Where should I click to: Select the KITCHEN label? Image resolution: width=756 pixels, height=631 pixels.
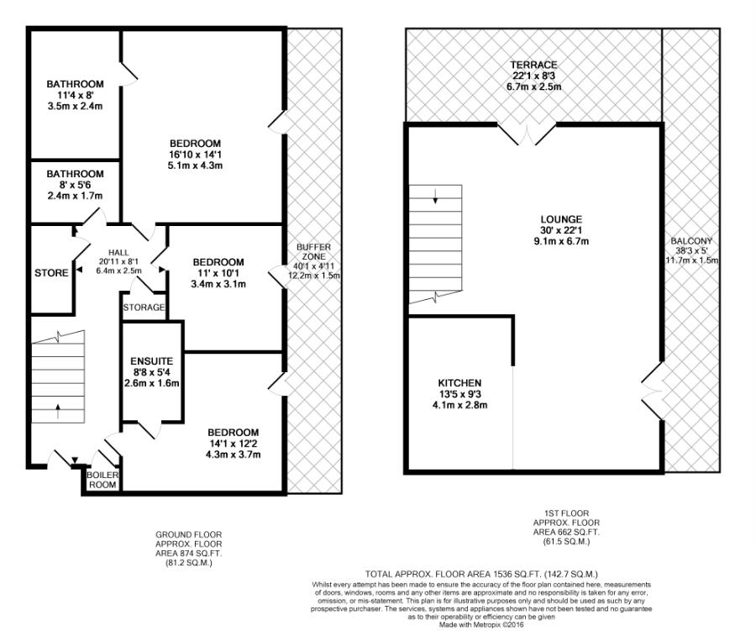(459, 382)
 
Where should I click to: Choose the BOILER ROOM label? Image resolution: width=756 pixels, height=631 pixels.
(103, 479)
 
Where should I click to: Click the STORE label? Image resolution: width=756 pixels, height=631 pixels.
(51, 273)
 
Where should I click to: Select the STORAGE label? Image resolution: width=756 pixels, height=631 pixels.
(144, 308)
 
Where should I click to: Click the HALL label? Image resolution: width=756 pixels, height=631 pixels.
(123, 250)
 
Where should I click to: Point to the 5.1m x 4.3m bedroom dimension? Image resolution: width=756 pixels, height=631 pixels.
(195, 166)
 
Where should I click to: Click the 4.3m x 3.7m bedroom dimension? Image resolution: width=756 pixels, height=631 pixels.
(233, 455)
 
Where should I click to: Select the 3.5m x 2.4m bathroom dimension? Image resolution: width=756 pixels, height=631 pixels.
(75, 107)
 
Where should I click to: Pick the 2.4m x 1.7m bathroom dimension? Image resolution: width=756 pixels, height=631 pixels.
(75, 196)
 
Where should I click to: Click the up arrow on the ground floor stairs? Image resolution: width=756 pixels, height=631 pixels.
(57, 412)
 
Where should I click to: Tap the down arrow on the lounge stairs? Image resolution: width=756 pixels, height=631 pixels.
(436, 198)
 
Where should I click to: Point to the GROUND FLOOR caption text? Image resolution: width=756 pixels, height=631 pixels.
(190, 534)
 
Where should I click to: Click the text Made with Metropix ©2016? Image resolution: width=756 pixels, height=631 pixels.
(481, 624)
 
